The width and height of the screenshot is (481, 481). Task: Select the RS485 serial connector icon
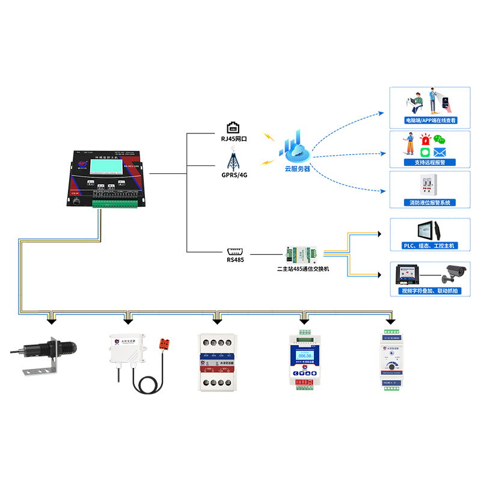[234, 252]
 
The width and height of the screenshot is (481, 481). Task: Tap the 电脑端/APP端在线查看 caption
[430, 120]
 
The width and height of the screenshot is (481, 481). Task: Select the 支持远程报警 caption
[430, 162]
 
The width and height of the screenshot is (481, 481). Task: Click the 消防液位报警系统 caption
[430, 203]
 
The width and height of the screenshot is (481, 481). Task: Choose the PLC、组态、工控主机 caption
[430, 245]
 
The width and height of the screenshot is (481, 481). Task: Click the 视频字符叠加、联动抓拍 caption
[430, 291]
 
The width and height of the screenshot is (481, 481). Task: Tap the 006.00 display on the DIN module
[304, 355]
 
